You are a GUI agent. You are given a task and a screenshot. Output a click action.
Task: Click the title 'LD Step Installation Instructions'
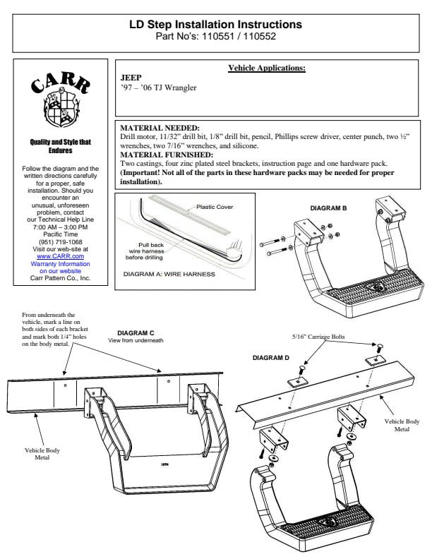pyautogui.click(x=215, y=24)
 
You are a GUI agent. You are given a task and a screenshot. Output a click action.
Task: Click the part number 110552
pyautogui.click(x=260, y=37)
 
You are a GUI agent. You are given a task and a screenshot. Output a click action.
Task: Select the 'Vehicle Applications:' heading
pyautogui.click(x=267, y=68)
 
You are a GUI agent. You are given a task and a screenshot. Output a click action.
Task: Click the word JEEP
pyautogui.click(x=131, y=78)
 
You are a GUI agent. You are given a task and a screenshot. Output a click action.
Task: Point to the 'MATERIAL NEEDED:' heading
pyautogui.click(x=160, y=128)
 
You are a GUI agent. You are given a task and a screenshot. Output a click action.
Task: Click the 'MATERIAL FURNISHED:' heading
pyautogui.click(x=167, y=155)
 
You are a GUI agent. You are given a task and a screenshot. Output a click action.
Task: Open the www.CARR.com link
pyautogui.click(x=60, y=256)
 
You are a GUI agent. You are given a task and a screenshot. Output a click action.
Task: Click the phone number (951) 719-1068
pyautogui.click(x=60, y=241)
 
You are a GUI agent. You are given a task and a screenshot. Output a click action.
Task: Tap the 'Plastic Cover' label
pyautogui.click(x=215, y=207)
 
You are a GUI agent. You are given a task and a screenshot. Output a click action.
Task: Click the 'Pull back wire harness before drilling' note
pyautogui.click(x=145, y=251)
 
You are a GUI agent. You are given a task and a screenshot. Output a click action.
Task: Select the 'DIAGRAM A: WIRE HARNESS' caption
pyautogui.click(x=169, y=274)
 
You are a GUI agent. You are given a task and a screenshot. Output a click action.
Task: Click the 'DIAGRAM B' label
pyautogui.click(x=328, y=208)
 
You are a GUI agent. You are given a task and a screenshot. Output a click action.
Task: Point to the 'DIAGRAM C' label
pyautogui.click(x=136, y=333)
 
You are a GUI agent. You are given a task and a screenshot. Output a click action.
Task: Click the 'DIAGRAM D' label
pyautogui.click(x=271, y=358)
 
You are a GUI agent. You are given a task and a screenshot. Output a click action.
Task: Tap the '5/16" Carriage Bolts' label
pyautogui.click(x=318, y=337)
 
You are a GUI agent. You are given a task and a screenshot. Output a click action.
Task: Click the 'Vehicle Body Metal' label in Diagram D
pyautogui.click(x=402, y=425)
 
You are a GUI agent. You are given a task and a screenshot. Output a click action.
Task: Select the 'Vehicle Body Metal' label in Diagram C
pyautogui.click(x=42, y=453)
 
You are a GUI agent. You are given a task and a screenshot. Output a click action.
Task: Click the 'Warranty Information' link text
pyautogui.click(x=60, y=264)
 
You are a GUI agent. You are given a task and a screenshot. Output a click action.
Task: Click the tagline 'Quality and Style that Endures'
pyautogui.click(x=60, y=146)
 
